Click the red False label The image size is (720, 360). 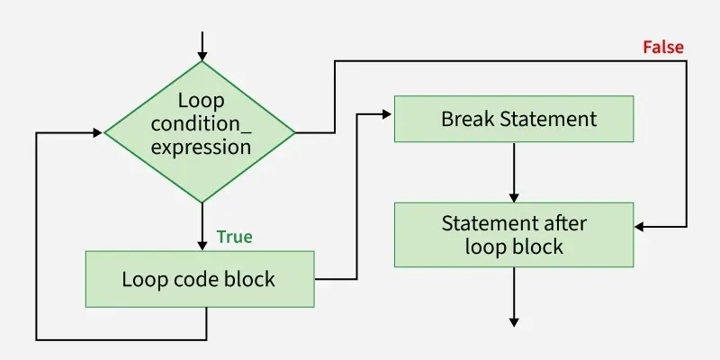[663, 47]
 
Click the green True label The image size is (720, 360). [234, 237]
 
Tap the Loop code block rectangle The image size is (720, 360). [200, 278]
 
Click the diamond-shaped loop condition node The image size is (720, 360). [200, 132]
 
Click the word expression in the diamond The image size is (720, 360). [201, 147]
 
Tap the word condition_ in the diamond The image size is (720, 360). [201, 123]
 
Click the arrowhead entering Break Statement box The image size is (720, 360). [388, 112]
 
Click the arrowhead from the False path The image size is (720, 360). [641, 225]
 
